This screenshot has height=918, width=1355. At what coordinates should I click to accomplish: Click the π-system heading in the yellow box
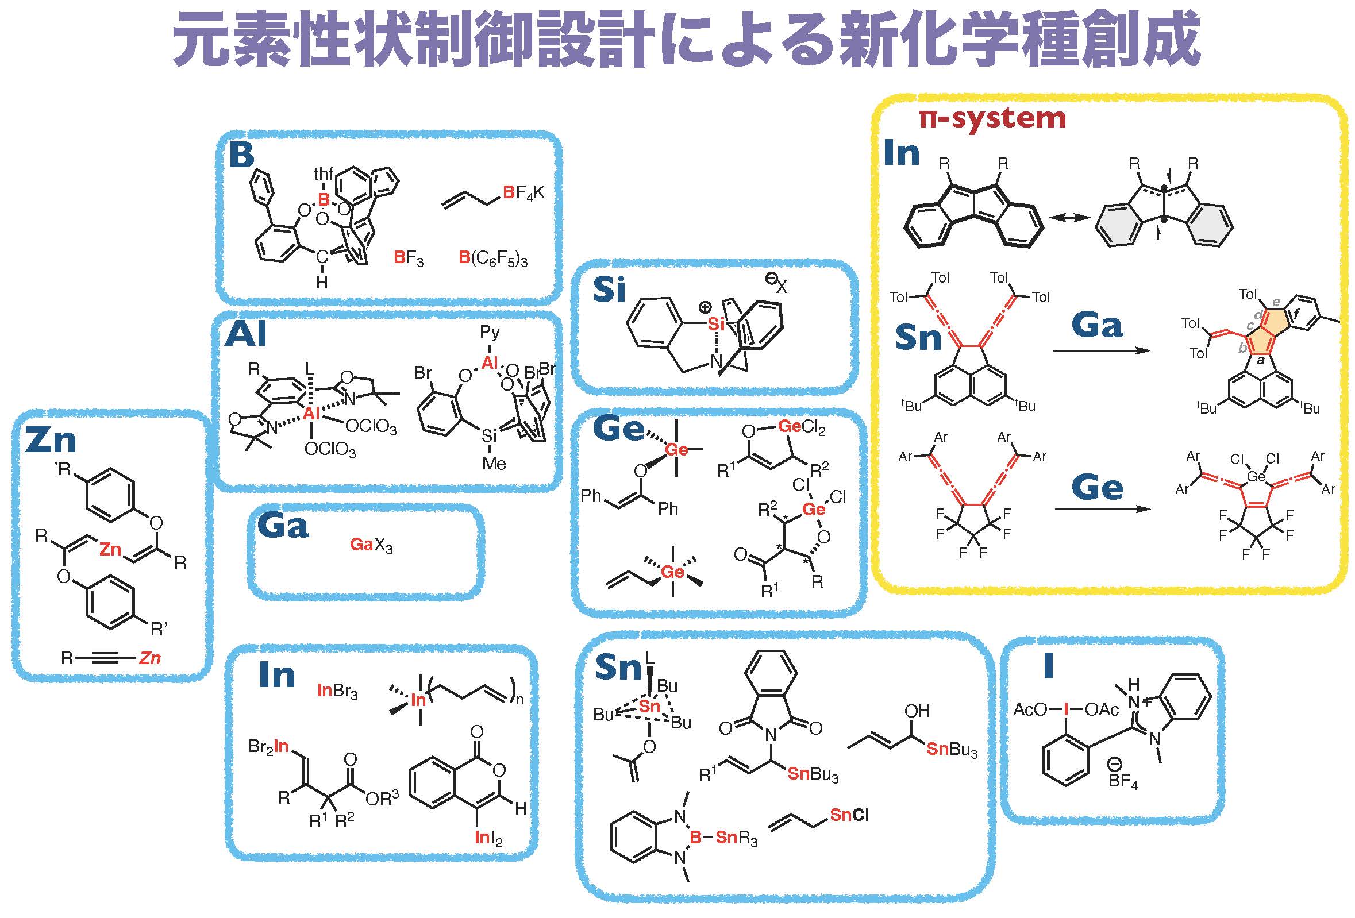point(992,119)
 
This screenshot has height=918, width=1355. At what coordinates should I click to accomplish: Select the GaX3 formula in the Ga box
point(371,545)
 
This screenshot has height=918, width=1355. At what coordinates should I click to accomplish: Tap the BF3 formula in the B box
point(408,258)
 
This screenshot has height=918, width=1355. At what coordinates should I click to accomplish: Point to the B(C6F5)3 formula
point(492,258)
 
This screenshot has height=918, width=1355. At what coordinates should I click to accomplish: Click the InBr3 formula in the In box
point(337,691)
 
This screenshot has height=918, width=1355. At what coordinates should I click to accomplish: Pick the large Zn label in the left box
point(51,440)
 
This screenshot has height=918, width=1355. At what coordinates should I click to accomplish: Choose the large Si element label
point(609,290)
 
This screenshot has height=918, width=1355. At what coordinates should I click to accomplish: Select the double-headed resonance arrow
point(1069,217)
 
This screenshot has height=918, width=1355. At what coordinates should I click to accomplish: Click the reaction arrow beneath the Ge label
point(1103,510)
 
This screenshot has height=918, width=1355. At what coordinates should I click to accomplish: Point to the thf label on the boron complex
point(324,173)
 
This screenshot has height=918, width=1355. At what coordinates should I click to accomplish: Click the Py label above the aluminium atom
point(490,333)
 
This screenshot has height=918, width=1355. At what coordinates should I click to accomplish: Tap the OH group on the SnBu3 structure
point(917,711)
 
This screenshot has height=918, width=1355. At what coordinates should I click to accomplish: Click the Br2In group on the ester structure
point(269,747)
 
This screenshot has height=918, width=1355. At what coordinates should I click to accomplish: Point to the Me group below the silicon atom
point(493,464)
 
